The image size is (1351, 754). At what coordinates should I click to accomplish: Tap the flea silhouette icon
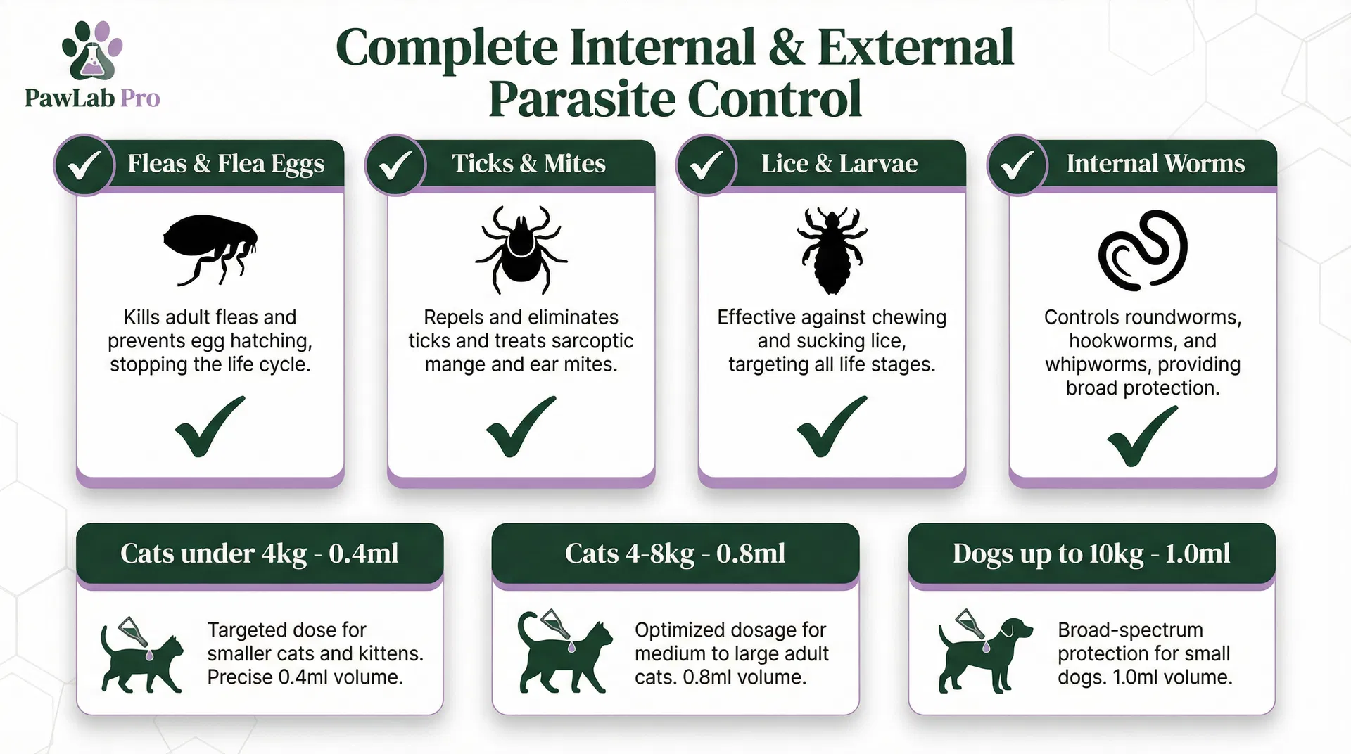pyautogui.click(x=210, y=250)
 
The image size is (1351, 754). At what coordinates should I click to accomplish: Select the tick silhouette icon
pyautogui.click(x=521, y=249)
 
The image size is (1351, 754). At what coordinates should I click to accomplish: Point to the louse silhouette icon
pyautogui.click(x=832, y=250)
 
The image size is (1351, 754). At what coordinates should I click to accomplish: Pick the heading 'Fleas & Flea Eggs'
pyautogui.click(x=226, y=164)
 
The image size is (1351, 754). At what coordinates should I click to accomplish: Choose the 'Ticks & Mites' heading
pyautogui.click(x=528, y=163)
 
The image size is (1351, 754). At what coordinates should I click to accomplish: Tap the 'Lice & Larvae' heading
pyautogui.click(x=839, y=163)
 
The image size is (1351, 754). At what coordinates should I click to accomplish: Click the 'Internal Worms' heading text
pyautogui.click(x=1155, y=163)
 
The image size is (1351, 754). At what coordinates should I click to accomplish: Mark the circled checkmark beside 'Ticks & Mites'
pyautogui.click(x=395, y=165)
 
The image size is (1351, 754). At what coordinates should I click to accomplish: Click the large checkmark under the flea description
pyautogui.click(x=209, y=427)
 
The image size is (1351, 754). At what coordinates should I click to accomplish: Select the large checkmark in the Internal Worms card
pyautogui.click(x=1141, y=436)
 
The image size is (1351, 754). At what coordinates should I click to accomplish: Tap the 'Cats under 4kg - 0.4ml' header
pyautogui.click(x=260, y=554)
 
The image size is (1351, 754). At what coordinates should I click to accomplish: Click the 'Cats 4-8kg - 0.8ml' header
pyautogui.click(x=675, y=554)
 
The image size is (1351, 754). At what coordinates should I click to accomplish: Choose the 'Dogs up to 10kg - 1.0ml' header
pyautogui.click(x=1091, y=554)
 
